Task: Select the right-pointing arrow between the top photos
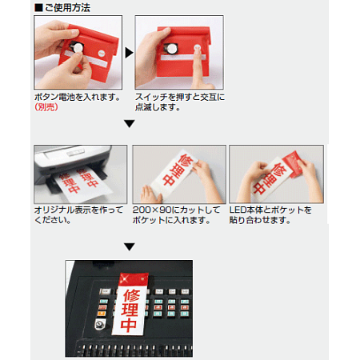127,53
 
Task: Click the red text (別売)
48,106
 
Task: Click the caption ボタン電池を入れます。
78,96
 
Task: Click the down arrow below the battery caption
128,123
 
